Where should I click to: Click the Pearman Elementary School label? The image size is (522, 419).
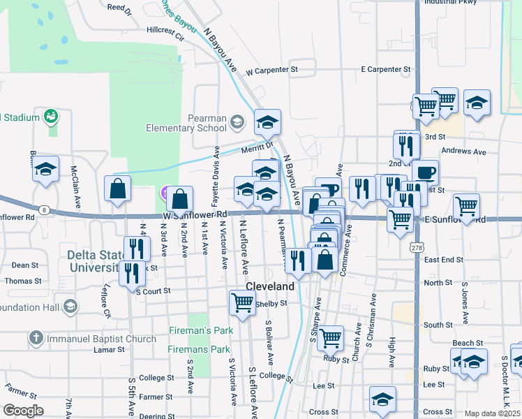(x=186, y=123)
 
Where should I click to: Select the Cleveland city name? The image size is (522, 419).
(x=270, y=286)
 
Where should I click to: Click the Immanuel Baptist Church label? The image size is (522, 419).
(x=102, y=339)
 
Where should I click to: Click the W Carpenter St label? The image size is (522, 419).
(x=271, y=70)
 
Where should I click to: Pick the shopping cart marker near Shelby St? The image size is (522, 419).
(x=241, y=302)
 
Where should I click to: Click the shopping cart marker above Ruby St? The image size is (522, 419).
(x=330, y=337)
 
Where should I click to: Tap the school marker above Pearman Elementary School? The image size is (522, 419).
(x=267, y=122)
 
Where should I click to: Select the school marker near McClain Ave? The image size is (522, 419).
(x=46, y=170)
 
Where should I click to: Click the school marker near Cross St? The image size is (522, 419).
(x=382, y=399)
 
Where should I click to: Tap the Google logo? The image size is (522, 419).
(x=23, y=411)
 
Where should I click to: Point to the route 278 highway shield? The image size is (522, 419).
(x=417, y=247)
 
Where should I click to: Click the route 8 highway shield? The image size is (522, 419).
(x=44, y=209)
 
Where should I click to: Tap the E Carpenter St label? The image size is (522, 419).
(x=385, y=70)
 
